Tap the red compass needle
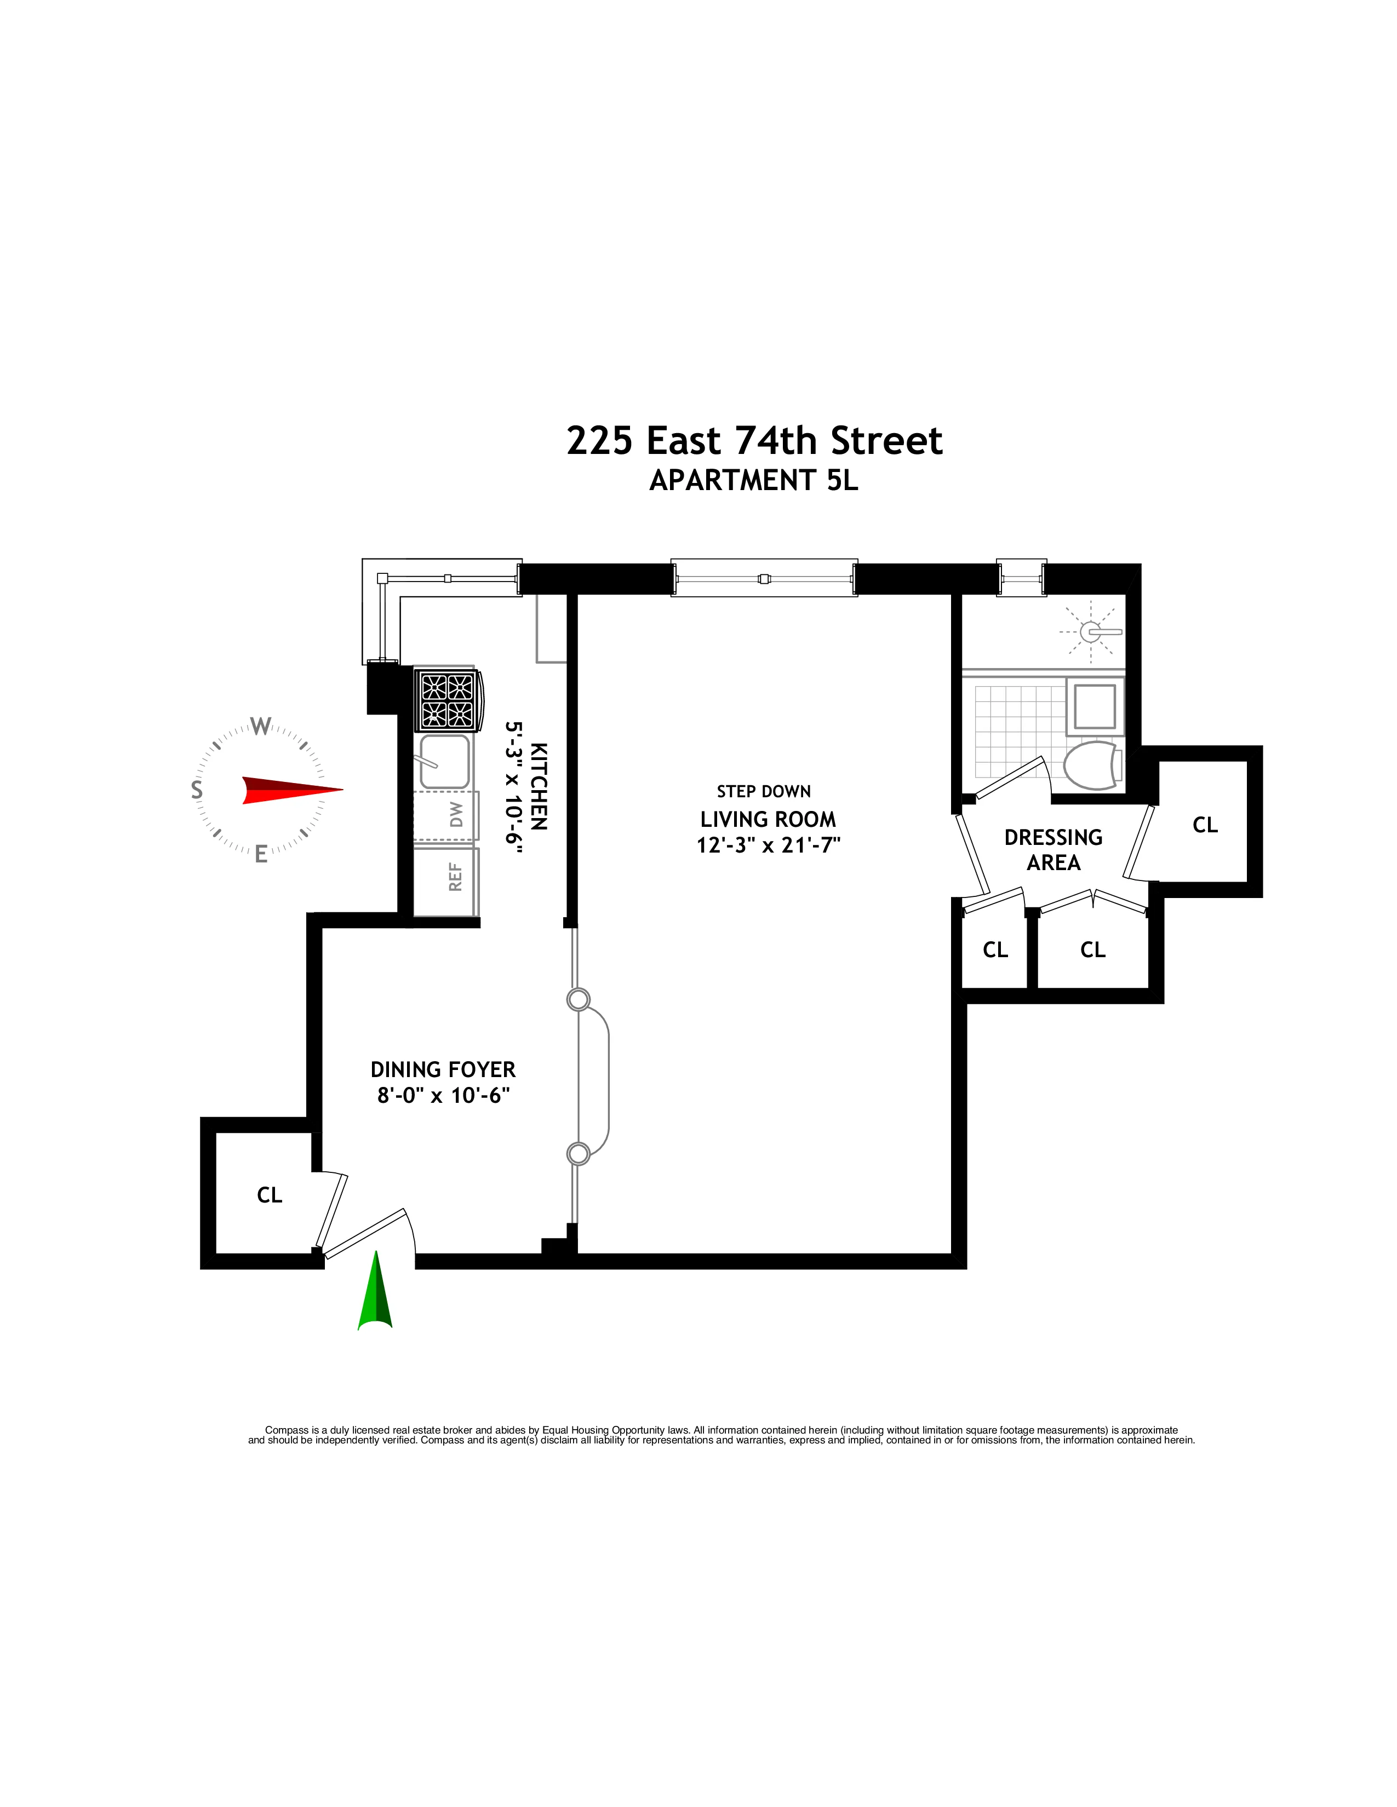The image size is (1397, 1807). tap(290, 790)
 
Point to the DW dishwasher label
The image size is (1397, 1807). tap(456, 815)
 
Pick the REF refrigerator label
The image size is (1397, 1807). tap(454, 877)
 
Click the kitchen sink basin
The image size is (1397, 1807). tap(444, 761)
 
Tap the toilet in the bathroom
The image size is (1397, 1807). tap(1091, 766)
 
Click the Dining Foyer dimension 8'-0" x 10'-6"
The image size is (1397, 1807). tap(443, 1096)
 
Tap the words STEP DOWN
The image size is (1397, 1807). tap(763, 792)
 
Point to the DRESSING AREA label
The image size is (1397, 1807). tap(1053, 850)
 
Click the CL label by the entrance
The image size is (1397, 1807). tap(270, 1195)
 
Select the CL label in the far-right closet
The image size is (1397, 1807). tap(1205, 825)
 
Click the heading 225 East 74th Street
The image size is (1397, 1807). tap(754, 441)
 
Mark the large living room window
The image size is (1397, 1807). tap(764, 578)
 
